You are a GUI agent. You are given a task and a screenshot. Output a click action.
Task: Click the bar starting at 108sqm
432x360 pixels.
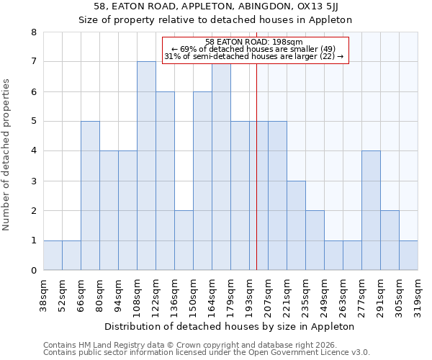pyautogui.click(x=146, y=166)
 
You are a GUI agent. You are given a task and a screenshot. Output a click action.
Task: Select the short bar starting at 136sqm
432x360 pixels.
pyautogui.click(x=184, y=240)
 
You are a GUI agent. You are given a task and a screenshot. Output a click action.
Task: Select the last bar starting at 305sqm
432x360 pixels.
pyautogui.click(x=408, y=256)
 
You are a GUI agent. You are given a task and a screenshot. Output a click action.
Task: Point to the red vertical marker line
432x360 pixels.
pyautogui.click(x=257, y=180)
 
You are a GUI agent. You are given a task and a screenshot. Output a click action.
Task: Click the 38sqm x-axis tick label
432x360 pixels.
pyautogui.click(x=44, y=295)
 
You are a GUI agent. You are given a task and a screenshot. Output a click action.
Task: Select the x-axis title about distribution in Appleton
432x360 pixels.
pyautogui.click(x=230, y=326)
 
